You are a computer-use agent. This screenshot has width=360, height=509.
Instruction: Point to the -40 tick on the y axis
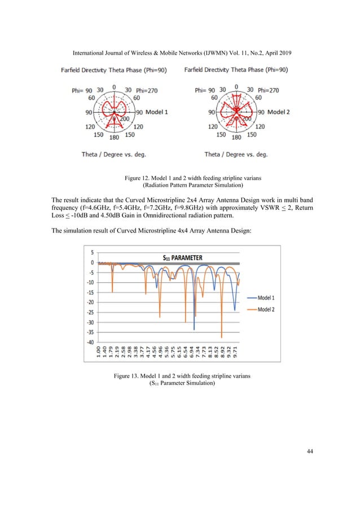(x=90, y=342)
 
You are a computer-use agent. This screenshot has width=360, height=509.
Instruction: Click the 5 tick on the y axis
(x=92, y=253)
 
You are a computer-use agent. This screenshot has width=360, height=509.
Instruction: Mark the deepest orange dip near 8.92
(x=222, y=337)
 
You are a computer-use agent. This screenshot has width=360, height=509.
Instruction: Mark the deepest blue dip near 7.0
(x=194, y=329)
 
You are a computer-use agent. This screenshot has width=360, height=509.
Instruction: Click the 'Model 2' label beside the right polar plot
(x=279, y=112)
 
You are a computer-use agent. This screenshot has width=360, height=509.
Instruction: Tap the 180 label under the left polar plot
(x=113, y=137)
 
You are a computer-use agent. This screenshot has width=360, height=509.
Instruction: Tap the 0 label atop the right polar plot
(x=236, y=87)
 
